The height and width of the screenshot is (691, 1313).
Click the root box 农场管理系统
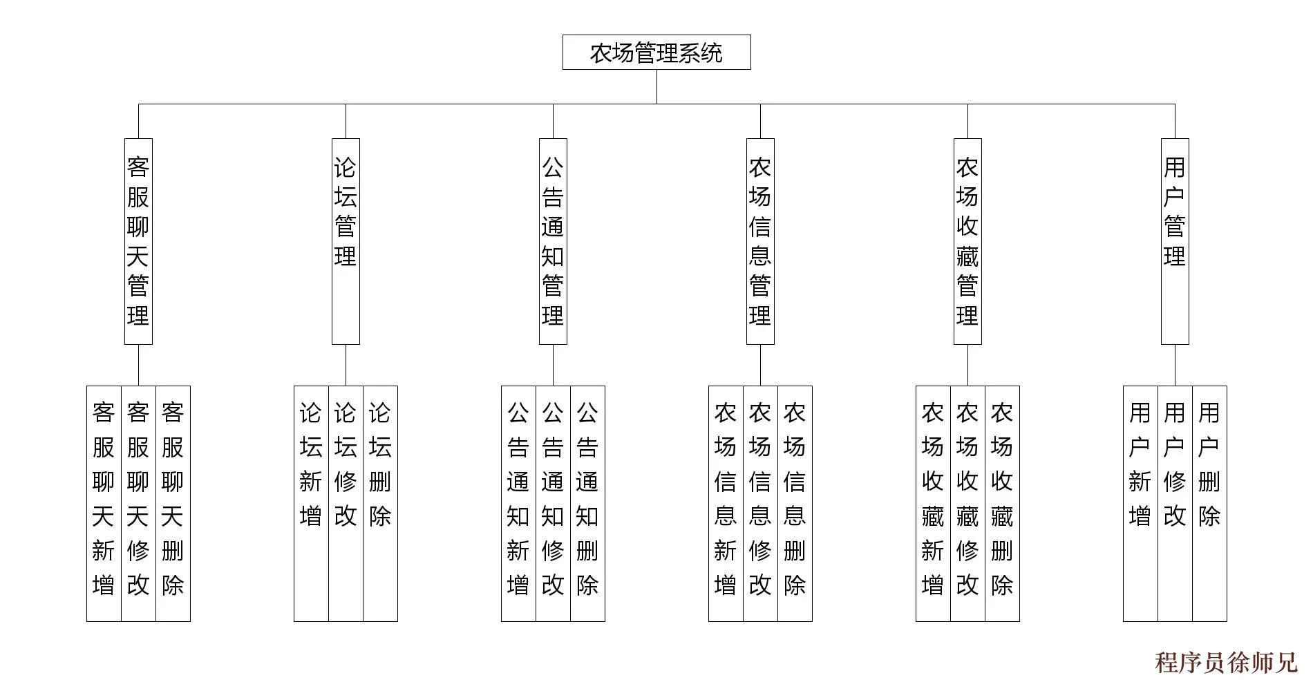coord(656,53)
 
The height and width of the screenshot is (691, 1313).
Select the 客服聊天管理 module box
coord(138,241)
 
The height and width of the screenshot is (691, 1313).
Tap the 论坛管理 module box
coord(346,241)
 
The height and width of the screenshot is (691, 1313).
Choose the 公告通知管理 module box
coord(553,241)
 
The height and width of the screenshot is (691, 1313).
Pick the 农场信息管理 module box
coord(760,241)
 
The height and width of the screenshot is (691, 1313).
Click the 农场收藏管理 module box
coord(967,241)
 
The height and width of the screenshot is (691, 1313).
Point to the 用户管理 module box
coord(1175,241)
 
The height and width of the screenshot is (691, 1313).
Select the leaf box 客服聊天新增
coord(104,503)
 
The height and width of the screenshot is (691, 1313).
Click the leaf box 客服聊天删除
coord(173,503)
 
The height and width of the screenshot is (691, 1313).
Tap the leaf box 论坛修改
coord(346,503)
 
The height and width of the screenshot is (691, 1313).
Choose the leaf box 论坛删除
coord(380,503)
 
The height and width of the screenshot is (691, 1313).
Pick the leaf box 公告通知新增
coord(518,503)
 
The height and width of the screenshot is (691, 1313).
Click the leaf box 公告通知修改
coord(553,503)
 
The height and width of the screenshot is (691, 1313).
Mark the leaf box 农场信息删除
coord(795,503)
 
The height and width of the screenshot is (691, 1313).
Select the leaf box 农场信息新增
coord(726,503)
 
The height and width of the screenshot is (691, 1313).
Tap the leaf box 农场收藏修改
coord(967,503)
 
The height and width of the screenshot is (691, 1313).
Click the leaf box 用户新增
coord(1140,503)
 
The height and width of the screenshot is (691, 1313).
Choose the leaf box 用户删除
coord(1209,503)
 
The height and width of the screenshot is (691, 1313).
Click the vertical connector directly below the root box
coord(656,86)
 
